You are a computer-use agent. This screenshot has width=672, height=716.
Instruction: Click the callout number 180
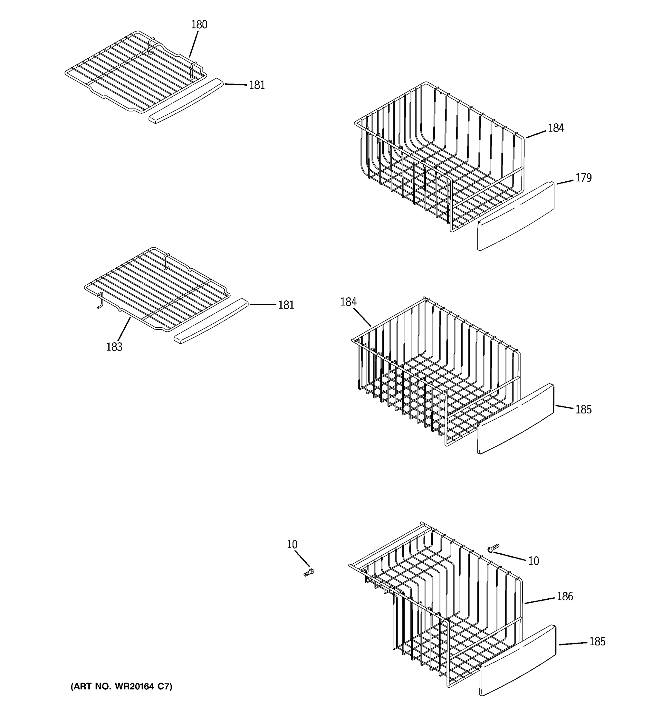tap(199, 25)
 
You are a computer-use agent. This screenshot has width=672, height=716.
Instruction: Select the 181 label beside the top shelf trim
tap(257, 85)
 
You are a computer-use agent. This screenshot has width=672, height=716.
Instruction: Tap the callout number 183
tap(114, 347)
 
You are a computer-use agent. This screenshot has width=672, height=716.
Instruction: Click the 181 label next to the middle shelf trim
tap(286, 305)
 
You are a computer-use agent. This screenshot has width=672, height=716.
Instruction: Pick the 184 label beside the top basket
tap(556, 128)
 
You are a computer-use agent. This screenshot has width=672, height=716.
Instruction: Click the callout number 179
tap(583, 178)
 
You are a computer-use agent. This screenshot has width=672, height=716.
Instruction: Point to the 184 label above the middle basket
tap(348, 302)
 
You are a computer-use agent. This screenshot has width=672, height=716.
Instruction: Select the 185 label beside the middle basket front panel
tap(583, 410)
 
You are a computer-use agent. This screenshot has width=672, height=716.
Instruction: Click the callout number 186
tap(564, 597)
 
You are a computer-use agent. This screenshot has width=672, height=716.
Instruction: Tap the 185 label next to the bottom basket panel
tap(597, 642)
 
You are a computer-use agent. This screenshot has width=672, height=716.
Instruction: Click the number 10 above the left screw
tap(292, 544)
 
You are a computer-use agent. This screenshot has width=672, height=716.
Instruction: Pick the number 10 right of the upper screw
tap(533, 561)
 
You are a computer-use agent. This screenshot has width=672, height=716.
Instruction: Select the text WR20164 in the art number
tap(135, 687)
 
